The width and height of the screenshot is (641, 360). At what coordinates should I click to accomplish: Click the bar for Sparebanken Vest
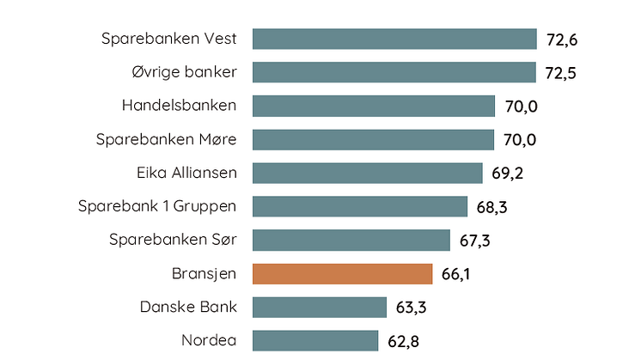coord(394,40)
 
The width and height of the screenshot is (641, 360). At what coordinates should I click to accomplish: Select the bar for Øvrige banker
coord(394,72)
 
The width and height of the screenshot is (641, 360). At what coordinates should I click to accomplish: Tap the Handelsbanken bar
coord(374,106)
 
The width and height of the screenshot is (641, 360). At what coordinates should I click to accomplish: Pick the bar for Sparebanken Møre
coord(373,139)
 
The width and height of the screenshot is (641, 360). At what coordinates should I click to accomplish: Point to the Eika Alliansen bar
coord(368,173)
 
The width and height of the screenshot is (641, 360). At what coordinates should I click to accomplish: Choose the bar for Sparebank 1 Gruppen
coord(360,206)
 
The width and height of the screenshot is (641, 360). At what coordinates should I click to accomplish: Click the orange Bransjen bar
coord(342,273)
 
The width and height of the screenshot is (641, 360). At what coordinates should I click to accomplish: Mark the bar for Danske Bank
coord(320,307)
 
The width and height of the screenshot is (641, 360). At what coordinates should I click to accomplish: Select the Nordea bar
coord(315,340)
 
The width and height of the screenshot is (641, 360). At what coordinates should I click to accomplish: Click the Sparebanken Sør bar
coord(351,240)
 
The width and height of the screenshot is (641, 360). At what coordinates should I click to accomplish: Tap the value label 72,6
coord(562,40)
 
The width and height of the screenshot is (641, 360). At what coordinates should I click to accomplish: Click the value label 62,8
coord(403,341)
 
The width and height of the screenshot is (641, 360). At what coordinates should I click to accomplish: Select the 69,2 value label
coord(508,174)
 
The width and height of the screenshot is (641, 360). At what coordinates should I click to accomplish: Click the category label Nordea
coord(209,340)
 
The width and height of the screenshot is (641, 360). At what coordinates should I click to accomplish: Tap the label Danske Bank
coord(188,307)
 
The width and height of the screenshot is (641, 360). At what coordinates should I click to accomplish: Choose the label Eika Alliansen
coord(186,173)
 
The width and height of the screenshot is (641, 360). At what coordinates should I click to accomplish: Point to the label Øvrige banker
coord(180,72)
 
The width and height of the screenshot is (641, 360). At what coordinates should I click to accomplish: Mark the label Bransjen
coord(205,273)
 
